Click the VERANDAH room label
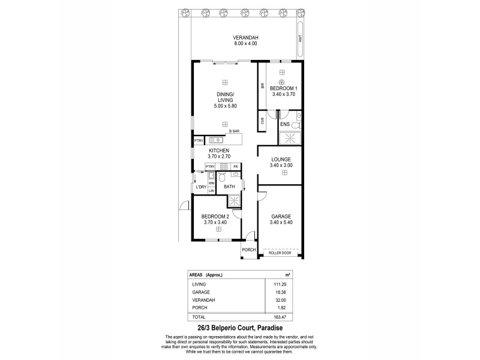[245, 38]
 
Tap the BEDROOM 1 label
[283, 88]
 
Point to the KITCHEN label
[219, 150]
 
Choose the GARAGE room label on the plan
[281, 216]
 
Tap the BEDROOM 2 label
[215, 216]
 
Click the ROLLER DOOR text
[281, 253]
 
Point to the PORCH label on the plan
[249, 250]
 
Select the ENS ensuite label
[286, 125]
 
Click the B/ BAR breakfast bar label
[234, 131]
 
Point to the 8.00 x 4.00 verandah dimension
[245, 44]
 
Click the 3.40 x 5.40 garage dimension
[281, 222]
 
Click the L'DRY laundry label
[201, 187]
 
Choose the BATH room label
[229, 187]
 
